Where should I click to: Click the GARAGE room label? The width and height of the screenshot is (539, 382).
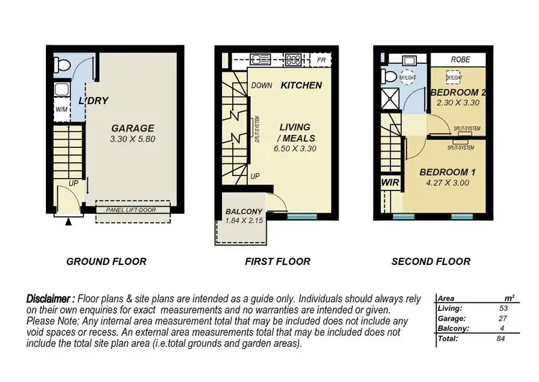[x=132, y=129]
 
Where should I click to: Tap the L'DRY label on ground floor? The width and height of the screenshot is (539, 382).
[x=93, y=101]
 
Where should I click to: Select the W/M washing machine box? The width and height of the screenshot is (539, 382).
[x=61, y=110]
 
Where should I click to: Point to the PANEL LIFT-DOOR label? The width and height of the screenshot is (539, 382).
[x=132, y=210]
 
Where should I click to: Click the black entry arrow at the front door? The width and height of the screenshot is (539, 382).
[x=69, y=223]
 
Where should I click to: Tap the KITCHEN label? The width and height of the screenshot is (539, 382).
[x=300, y=85]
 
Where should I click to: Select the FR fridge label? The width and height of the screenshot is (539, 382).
[x=321, y=60]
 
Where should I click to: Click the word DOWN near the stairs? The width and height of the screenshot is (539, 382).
[x=262, y=85]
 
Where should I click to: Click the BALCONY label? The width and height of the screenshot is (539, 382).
[x=244, y=211]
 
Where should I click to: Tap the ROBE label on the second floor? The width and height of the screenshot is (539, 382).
[x=460, y=60]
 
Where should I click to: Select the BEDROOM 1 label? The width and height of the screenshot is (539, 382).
[x=443, y=172]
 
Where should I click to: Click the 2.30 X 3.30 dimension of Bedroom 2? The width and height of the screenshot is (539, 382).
[x=457, y=103]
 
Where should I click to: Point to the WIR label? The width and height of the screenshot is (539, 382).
[x=390, y=183]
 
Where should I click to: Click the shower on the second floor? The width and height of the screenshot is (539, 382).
[x=391, y=99]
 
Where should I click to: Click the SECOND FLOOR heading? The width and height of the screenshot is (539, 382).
[x=430, y=261]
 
